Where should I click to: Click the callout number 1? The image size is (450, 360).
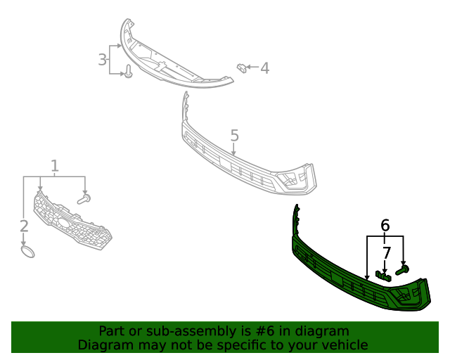point(55,166)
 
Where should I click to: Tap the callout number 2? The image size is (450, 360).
point(24,226)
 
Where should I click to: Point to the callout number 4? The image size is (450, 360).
point(264,68)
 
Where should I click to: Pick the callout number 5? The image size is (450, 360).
point(234,135)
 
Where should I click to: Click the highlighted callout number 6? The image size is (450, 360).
point(385,226)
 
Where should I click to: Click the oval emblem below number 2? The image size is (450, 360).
point(27,251)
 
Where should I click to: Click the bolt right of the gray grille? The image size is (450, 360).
point(84,200)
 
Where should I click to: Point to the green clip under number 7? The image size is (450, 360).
point(382,275)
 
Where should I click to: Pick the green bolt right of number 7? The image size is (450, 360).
point(403,269)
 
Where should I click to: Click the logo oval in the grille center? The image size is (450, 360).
point(64,224)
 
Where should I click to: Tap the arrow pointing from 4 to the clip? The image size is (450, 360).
point(252,67)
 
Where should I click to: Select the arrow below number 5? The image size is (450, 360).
point(233,149)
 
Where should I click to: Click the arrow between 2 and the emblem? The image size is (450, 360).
point(24,238)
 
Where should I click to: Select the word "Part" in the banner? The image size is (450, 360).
point(112,330)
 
